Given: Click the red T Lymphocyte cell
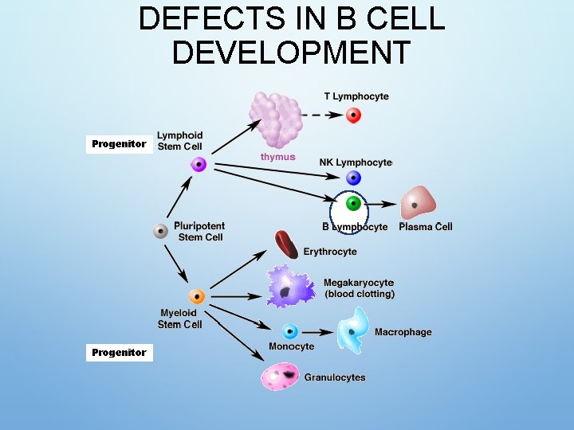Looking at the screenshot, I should [353, 115].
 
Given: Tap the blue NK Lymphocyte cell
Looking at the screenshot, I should [354, 179].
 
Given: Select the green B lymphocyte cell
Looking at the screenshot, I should [353, 204].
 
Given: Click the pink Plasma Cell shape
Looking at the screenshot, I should [418, 204].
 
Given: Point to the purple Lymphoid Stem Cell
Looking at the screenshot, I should [199, 165].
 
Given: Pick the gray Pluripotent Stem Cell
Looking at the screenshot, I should [161, 231].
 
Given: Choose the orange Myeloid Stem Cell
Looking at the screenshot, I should [197, 297].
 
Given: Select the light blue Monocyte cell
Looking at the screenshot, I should [290, 331].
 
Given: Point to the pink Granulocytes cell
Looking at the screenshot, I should [281, 376].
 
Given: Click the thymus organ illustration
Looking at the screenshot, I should [276, 119].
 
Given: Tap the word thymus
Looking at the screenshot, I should [277, 157].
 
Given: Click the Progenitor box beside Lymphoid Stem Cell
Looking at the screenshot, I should [119, 144].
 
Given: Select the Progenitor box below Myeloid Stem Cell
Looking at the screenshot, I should [119, 352].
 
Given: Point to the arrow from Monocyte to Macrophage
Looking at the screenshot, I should [317, 332].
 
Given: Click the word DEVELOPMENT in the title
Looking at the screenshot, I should [291, 53].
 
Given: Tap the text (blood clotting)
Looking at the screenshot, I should [360, 294].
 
